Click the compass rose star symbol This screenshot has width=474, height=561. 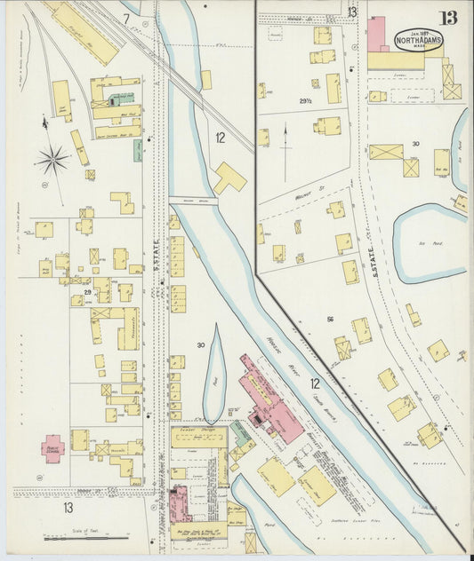52,161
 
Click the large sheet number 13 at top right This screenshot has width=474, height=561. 454,15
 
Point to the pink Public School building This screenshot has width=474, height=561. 52,446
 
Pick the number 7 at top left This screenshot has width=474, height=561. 126,18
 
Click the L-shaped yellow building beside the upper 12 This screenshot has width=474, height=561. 229,178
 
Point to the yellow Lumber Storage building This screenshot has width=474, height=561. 198,437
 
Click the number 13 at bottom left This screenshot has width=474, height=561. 68,508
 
